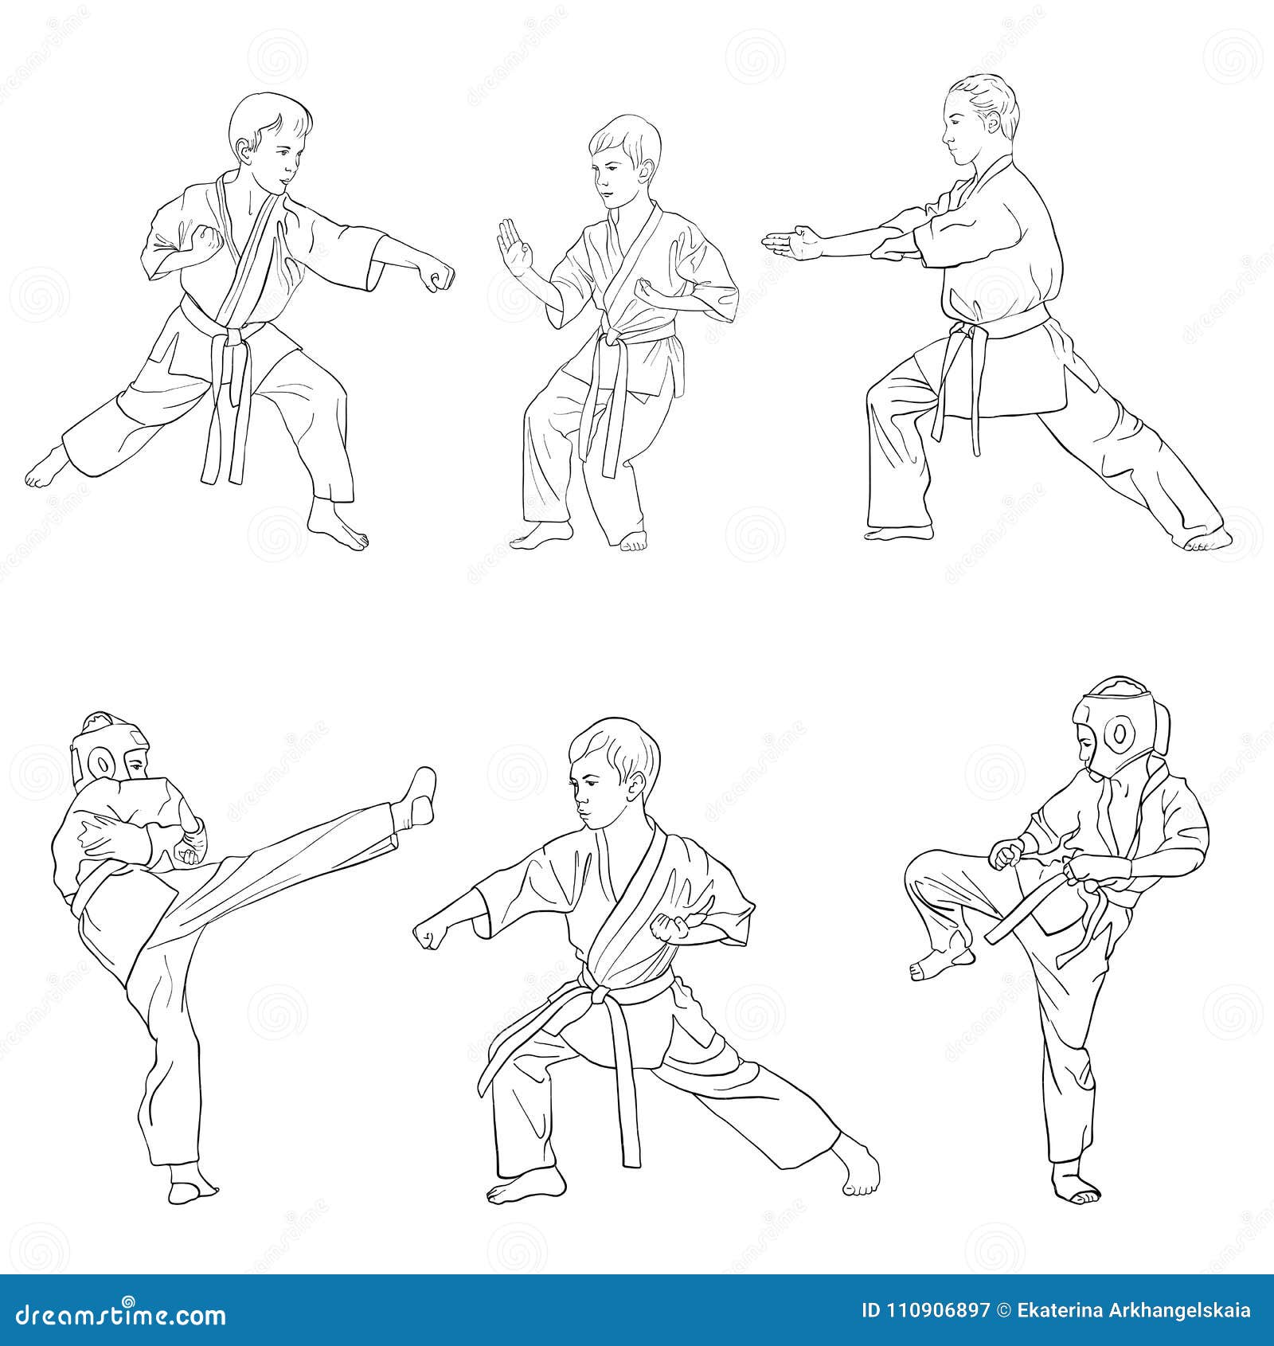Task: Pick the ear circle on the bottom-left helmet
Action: pos(103,765)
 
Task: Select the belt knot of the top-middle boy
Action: pos(612,340)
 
